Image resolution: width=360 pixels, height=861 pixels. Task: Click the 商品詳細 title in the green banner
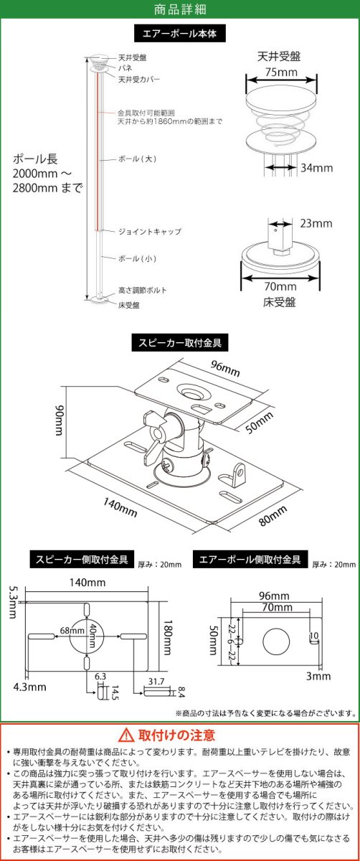(x=180, y=9)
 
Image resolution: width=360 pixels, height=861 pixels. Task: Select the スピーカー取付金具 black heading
(x=179, y=344)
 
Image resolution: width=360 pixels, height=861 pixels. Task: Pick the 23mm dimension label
(x=316, y=224)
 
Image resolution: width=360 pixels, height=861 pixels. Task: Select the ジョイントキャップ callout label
(x=150, y=232)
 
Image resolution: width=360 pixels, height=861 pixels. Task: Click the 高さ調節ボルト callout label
(x=143, y=291)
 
